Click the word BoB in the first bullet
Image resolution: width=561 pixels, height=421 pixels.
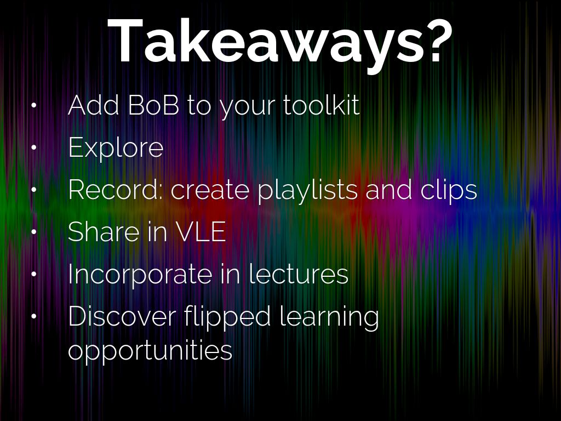[x=153, y=105]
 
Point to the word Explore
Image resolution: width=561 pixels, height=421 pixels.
[x=116, y=148]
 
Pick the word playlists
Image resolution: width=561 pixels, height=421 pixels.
[x=307, y=190]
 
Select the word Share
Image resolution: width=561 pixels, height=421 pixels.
[x=104, y=232]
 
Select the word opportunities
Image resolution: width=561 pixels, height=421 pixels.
[x=150, y=350]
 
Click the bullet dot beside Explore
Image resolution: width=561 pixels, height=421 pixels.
[x=34, y=147]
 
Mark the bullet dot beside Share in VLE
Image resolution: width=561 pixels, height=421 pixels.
[x=34, y=232]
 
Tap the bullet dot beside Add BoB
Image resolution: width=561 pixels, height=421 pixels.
[x=34, y=105]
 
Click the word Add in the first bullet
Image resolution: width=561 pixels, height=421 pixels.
[x=93, y=105]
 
